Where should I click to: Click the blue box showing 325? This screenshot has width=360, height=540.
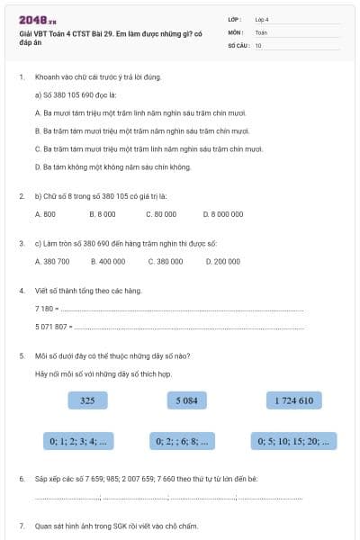87,400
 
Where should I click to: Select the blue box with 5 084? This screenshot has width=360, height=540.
187,400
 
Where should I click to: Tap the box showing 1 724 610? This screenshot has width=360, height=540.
293,400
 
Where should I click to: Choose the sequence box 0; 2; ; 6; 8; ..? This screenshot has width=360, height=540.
183,441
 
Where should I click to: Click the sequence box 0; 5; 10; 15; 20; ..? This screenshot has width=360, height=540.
294,441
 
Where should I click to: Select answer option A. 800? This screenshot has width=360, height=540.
45,214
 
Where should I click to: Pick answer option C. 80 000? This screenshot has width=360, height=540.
161,214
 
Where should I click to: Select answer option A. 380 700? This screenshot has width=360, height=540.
51,262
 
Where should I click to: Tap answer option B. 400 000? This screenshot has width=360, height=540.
108,262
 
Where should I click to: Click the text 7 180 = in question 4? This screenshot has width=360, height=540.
46,309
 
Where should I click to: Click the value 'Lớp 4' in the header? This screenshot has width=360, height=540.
262,19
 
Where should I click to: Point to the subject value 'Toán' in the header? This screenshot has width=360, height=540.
260,31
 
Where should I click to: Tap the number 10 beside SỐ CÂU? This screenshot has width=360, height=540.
258,44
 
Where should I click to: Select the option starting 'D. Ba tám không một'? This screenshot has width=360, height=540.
112,166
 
